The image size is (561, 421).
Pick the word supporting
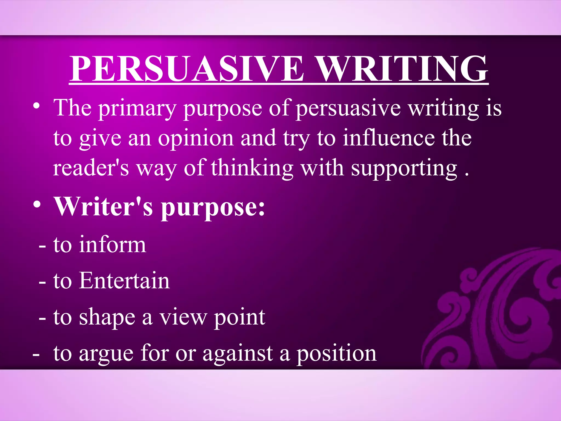(x=404, y=168)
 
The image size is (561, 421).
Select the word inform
(x=113, y=244)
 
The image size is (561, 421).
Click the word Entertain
(x=125, y=281)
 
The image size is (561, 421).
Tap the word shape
(x=107, y=318)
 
